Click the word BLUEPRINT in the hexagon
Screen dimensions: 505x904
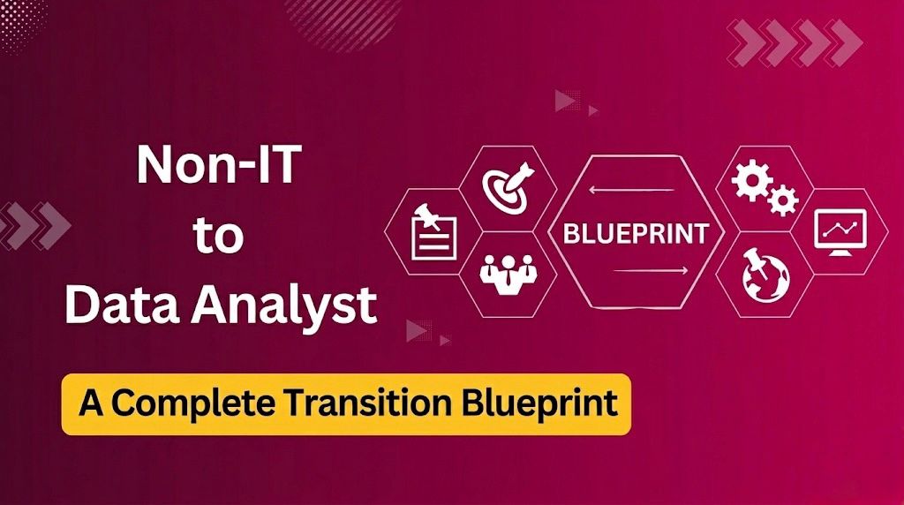coord(636,234)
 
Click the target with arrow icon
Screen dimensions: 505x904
coord(507,185)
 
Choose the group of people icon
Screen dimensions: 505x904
coord(507,272)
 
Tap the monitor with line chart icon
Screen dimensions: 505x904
coord(839,232)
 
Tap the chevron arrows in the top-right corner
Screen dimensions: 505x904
coord(795,41)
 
